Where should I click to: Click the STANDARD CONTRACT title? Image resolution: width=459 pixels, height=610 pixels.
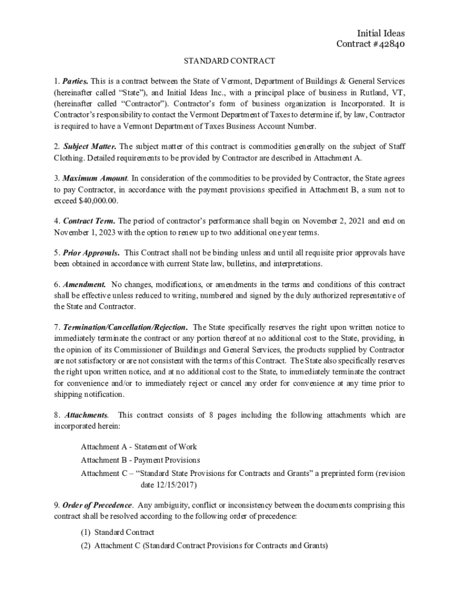(x=229, y=61)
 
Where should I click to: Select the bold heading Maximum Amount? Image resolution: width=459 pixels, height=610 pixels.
(x=95, y=178)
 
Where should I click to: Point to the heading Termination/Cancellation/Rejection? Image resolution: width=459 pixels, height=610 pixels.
(x=125, y=327)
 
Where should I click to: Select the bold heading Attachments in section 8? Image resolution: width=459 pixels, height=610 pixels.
(x=86, y=415)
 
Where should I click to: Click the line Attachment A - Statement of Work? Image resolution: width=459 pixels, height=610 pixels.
(x=138, y=447)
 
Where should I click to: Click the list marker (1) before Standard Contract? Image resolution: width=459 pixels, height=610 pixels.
(x=86, y=533)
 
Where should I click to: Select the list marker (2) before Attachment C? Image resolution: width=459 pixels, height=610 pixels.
(x=86, y=546)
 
